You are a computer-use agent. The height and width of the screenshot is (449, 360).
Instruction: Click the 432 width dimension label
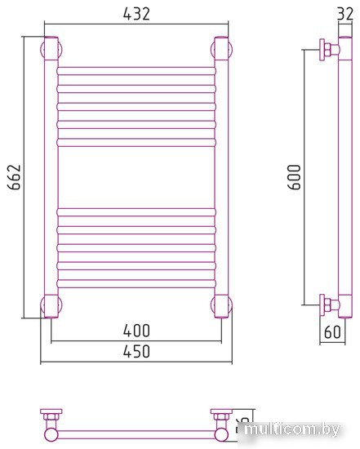click(136, 14)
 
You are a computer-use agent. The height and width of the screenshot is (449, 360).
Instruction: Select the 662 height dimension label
click(15, 176)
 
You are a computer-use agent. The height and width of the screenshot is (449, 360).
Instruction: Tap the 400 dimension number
click(136, 331)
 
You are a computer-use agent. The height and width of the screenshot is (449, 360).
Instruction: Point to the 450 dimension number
click(136, 351)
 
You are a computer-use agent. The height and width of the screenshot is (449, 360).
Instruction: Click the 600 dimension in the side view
click(294, 176)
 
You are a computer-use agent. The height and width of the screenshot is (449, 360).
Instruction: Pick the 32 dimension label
click(345, 14)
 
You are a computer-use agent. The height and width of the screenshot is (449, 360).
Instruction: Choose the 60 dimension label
click(332, 332)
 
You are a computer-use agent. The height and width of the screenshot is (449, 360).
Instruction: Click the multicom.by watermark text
click(292, 429)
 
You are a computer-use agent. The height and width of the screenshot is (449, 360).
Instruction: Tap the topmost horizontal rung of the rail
click(136, 71)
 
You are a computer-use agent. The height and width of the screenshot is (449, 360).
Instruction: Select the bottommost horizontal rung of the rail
click(136, 284)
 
